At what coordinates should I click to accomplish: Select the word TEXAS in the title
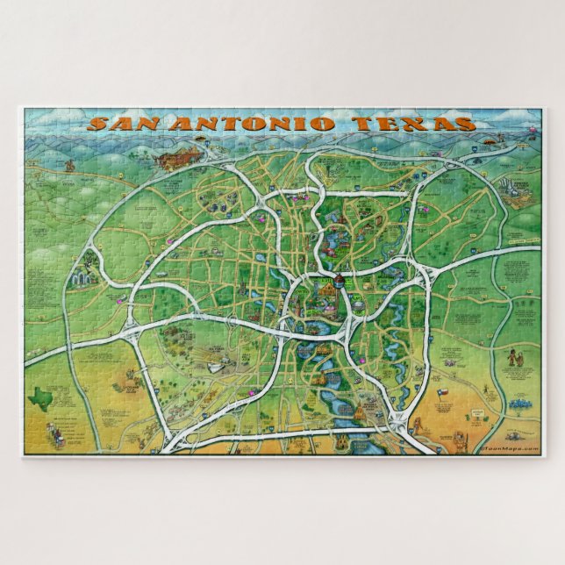(x=412, y=124)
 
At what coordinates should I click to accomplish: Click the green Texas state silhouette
(x=40, y=398)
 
